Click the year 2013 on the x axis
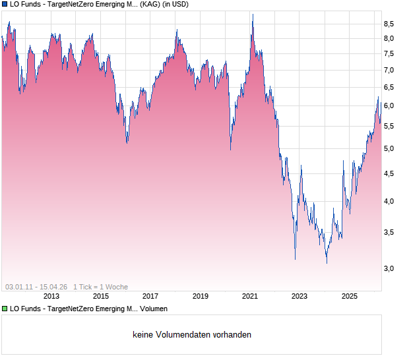51,296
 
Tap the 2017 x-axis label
150,296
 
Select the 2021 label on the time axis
250,296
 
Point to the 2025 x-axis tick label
350,296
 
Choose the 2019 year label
200,296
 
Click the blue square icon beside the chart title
5,5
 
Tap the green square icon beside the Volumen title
5,309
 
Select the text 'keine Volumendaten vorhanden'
192,335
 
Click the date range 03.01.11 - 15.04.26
36,287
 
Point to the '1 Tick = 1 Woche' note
100,287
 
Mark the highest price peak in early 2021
252,15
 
